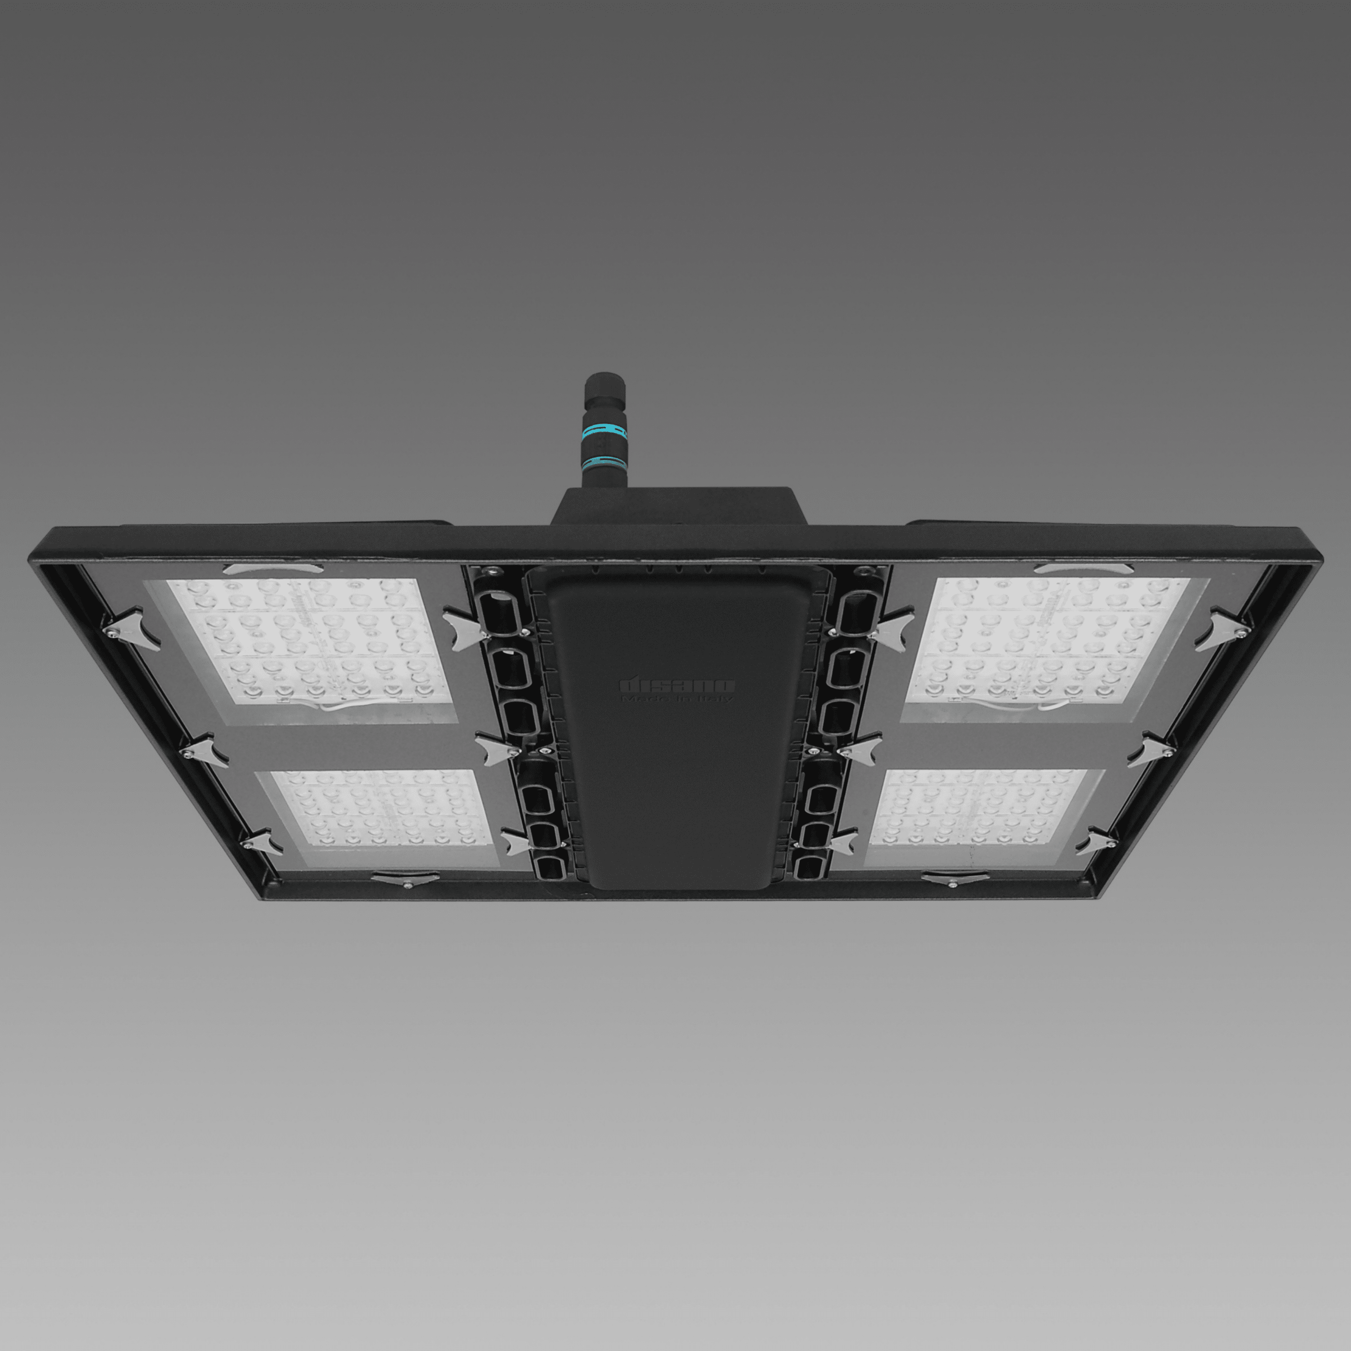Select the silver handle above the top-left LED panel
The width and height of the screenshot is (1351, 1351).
pyautogui.click(x=273, y=568)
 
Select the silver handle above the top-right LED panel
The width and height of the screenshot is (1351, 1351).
pyautogui.click(x=1083, y=568)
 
